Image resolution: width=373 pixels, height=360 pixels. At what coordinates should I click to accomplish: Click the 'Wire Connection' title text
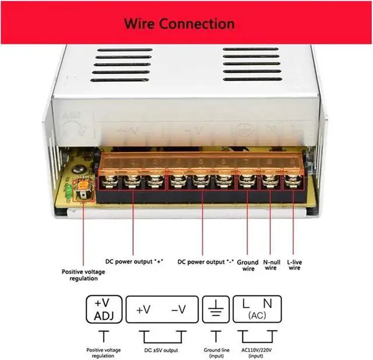[179, 24]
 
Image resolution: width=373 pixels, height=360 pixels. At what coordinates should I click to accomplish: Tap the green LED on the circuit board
[70, 191]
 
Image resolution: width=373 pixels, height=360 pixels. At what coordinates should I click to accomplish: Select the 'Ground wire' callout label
[248, 265]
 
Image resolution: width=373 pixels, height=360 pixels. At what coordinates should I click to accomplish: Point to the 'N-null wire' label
[272, 265]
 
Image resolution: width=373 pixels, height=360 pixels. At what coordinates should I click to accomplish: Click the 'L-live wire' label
[295, 265]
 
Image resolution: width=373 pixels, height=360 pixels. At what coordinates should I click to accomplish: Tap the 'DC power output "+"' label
[134, 261]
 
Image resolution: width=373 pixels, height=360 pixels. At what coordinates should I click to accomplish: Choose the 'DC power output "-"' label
[205, 261]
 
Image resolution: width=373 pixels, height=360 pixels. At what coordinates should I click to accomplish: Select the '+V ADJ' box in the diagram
[104, 309]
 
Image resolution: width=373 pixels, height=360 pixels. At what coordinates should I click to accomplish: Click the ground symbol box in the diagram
[216, 309]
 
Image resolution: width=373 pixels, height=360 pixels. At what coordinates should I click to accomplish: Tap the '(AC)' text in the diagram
[257, 316]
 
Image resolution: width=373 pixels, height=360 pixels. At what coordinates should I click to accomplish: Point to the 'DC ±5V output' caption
[161, 350]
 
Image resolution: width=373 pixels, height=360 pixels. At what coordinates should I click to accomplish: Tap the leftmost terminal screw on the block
[108, 181]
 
